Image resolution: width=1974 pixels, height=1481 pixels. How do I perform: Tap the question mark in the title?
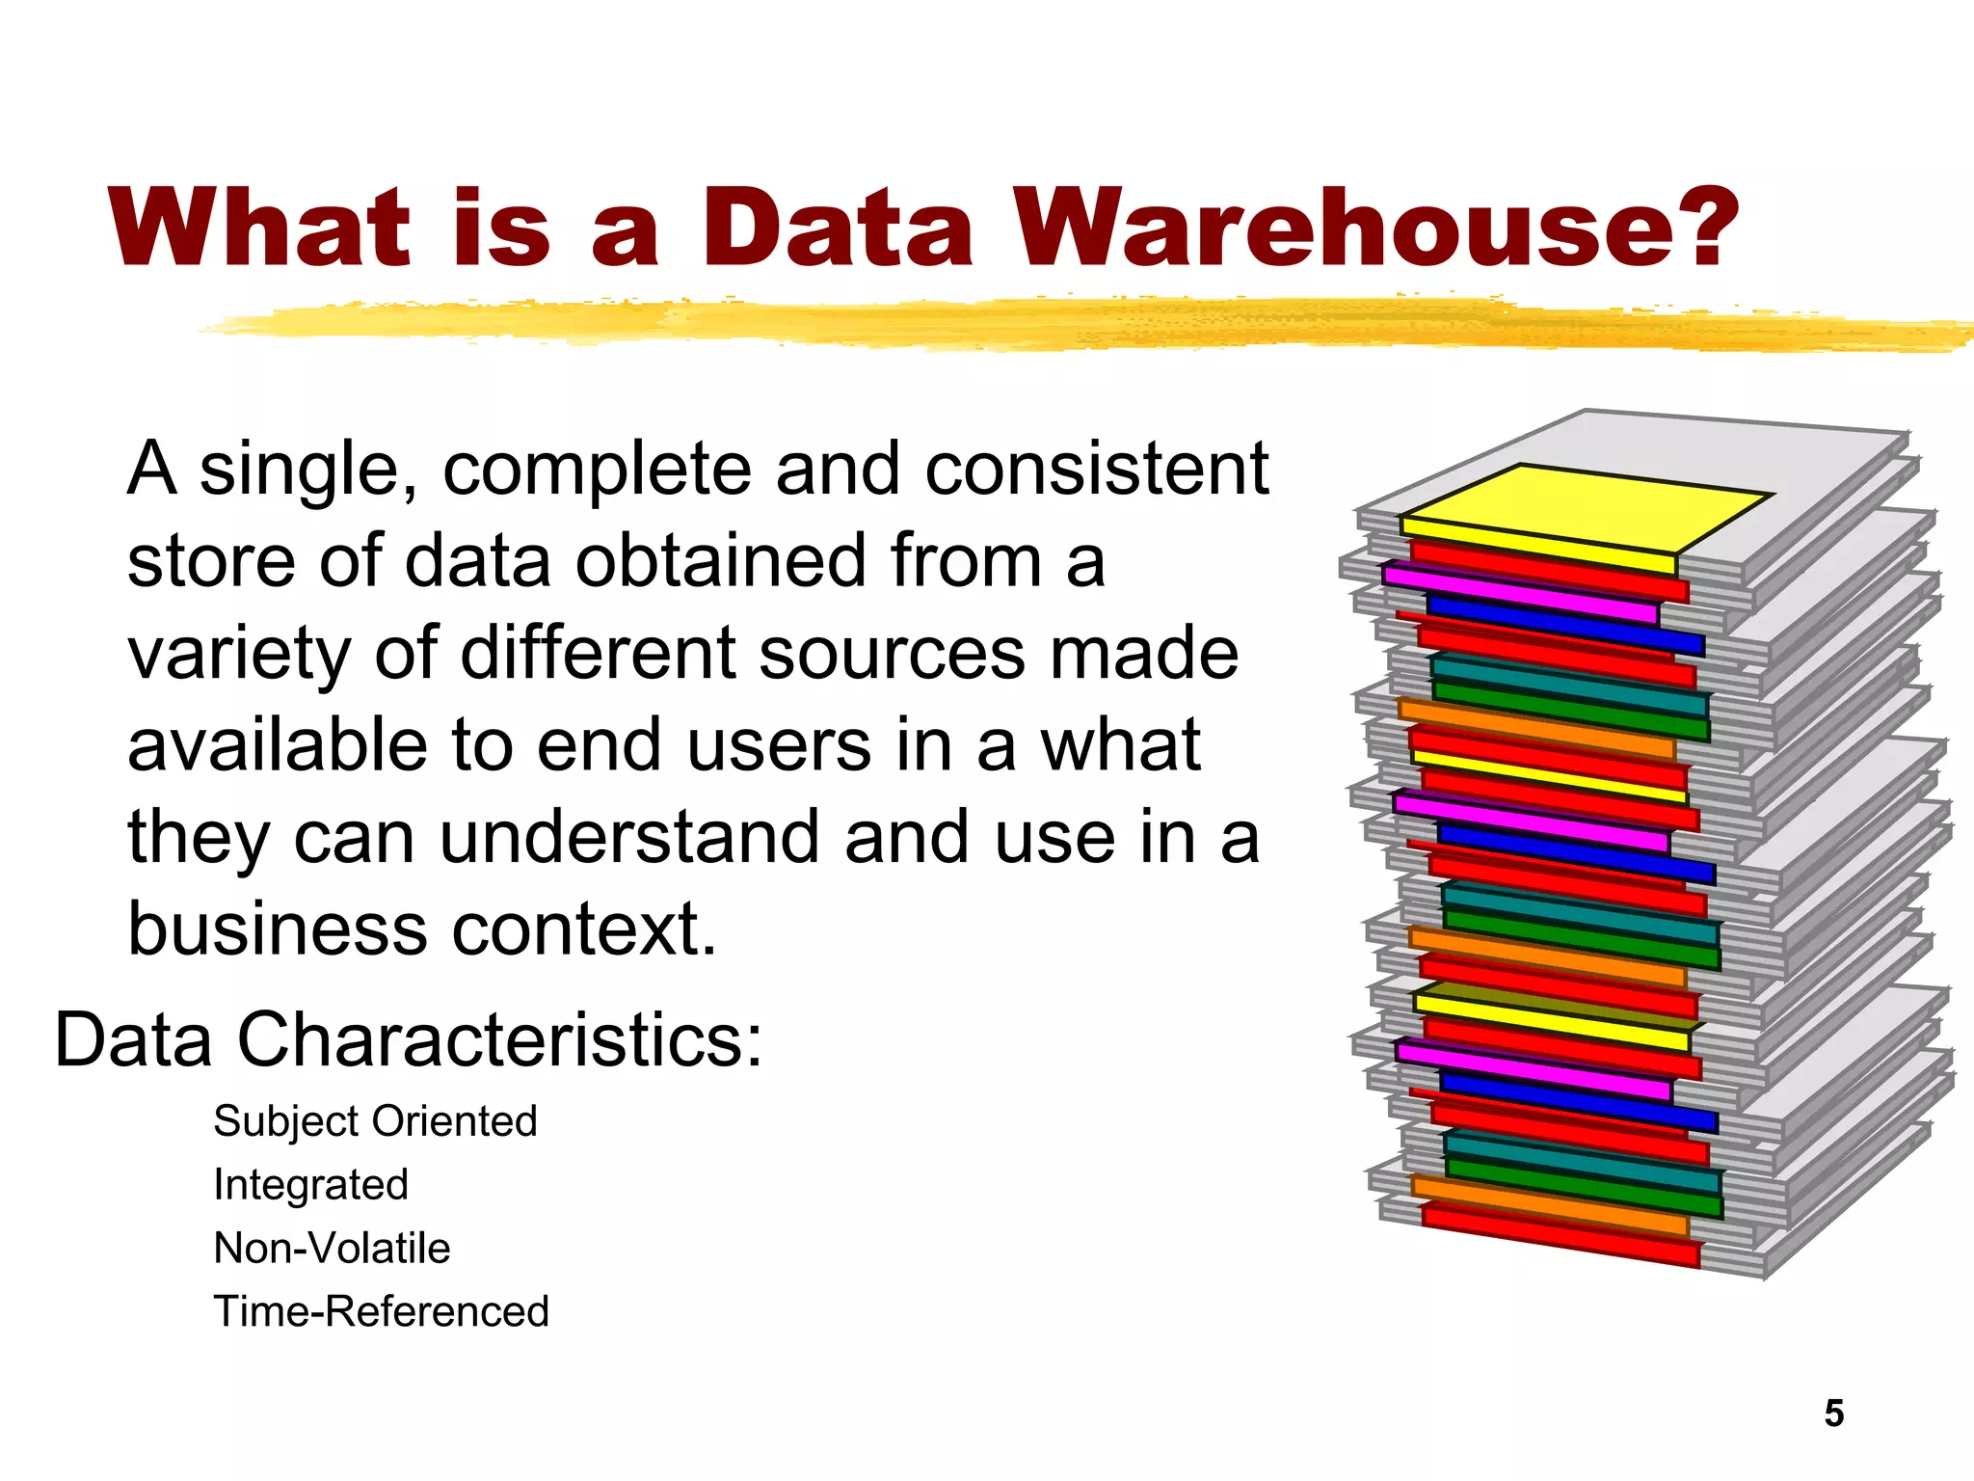1702,229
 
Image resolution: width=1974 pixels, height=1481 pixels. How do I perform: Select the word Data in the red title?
837,229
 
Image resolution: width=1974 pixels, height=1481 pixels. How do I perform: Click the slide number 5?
1833,1414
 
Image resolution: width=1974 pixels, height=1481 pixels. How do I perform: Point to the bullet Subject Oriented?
375,1121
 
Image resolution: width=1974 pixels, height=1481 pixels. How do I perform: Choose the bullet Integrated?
310,1185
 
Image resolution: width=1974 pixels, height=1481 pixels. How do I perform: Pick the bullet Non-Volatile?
332,1249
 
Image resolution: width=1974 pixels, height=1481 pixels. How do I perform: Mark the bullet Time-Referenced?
381,1312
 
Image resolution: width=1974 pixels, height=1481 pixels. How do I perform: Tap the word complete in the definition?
596,470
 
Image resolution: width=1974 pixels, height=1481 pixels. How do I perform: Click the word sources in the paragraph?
892,654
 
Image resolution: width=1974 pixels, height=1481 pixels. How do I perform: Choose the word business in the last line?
278,929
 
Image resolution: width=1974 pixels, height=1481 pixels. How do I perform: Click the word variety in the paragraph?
239,656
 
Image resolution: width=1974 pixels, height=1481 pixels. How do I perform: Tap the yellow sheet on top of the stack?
1586,511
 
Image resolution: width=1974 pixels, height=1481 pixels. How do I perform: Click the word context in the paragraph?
584,929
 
